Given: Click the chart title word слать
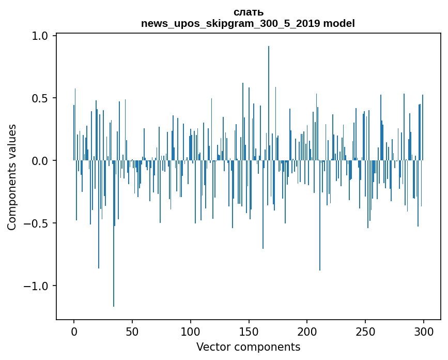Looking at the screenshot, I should [248, 12].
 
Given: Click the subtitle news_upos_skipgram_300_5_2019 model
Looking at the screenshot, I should [248, 23].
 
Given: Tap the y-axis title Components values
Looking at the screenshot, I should [12, 177].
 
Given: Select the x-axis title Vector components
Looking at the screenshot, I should [248, 347].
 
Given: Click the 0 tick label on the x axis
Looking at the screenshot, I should [74, 331].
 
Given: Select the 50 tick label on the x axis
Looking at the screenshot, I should [132, 331].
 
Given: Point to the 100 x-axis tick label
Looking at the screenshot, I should [191, 331].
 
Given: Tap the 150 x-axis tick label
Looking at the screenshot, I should [249, 331].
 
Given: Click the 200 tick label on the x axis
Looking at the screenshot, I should [307, 331].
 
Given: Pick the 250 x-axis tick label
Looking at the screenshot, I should [365, 331].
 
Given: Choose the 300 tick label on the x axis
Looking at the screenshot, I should [423, 331].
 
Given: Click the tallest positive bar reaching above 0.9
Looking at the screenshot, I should [269, 103].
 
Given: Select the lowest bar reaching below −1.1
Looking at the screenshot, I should [114, 233].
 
